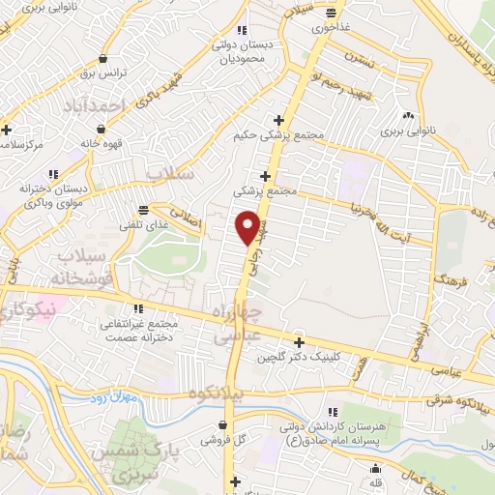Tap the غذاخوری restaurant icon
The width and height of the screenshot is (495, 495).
point(332,13)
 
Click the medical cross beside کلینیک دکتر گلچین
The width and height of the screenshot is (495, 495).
point(299,342)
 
